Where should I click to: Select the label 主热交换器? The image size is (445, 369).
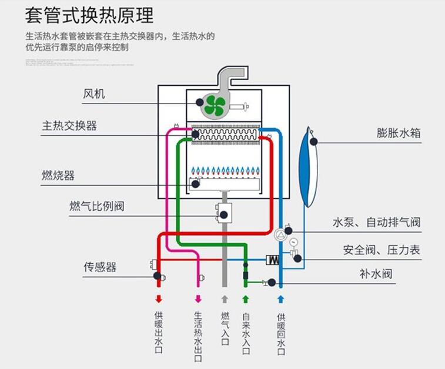(69, 125)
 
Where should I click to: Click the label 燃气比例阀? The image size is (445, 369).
(96, 206)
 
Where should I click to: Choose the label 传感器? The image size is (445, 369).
(99, 267)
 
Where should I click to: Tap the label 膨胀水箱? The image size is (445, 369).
(399, 133)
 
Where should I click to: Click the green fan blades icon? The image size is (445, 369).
(216, 106)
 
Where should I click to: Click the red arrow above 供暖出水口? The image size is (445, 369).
(158, 299)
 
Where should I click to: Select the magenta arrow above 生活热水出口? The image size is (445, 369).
(198, 299)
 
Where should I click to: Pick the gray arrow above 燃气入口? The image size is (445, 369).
(224, 299)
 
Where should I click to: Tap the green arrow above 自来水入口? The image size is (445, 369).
(246, 299)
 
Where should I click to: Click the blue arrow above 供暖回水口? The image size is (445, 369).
(281, 299)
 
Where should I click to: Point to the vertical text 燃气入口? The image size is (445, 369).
(224, 329)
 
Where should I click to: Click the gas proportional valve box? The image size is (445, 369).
(224, 213)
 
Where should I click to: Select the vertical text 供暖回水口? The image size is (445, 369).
(281, 334)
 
